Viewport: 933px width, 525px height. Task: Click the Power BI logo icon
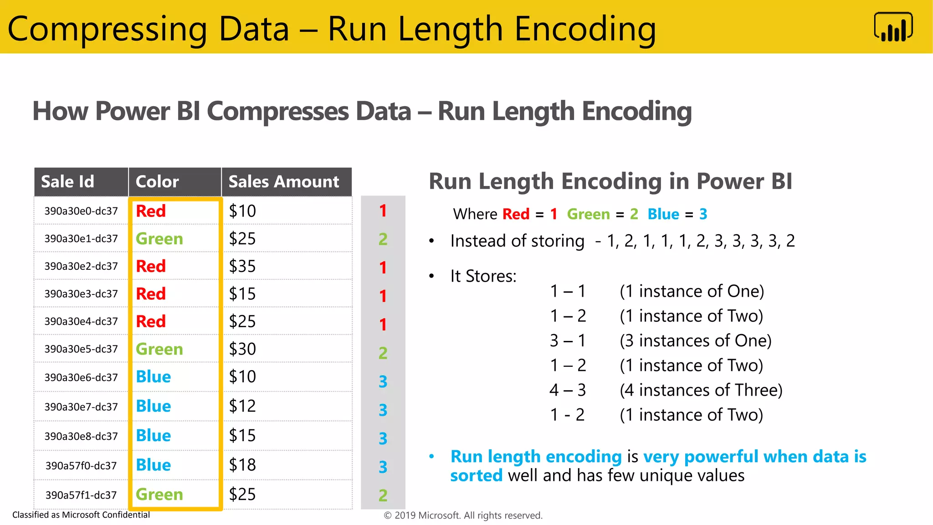(x=893, y=27)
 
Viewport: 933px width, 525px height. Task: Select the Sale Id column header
(x=67, y=181)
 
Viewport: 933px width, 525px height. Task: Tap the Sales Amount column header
(x=284, y=181)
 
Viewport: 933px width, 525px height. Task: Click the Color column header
(x=157, y=181)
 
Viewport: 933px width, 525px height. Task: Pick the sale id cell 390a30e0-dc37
(x=81, y=211)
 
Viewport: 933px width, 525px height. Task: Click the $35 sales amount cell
(x=242, y=266)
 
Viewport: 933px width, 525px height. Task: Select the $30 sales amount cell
(x=242, y=349)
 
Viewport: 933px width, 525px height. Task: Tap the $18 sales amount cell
(x=242, y=465)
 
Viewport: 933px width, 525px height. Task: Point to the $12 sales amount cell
(x=242, y=406)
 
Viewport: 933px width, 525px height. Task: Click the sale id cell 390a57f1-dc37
(x=81, y=495)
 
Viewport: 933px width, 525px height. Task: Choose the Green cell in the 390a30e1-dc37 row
(x=159, y=239)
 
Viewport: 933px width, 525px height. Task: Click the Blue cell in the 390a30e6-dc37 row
(x=154, y=377)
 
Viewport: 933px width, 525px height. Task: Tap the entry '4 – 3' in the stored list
(x=568, y=390)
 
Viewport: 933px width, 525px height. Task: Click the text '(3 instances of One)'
(x=696, y=341)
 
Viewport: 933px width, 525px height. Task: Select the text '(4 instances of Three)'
(x=701, y=390)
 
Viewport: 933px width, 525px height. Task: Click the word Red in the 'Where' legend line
(x=516, y=214)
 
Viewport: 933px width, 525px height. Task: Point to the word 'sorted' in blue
(x=477, y=476)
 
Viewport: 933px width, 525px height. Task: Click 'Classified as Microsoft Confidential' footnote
(x=81, y=515)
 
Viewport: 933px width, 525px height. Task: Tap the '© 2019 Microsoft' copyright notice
(x=463, y=515)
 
